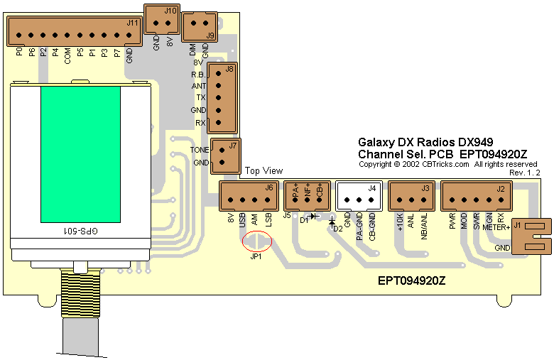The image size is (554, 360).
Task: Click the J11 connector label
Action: pyautogui.click(x=132, y=23)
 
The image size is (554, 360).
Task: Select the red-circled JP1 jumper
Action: pyautogui.click(x=257, y=242)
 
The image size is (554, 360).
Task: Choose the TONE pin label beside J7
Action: pyautogui.click(x=200, y=150)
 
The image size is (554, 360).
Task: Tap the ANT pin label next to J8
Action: pyautogui.click(x=200, y=86)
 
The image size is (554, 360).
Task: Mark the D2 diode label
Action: pyautogui.click(x=337, y=228)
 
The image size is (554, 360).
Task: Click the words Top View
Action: pyautogui.click(x=264, y=170)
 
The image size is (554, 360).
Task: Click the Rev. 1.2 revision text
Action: pyautogui.click(x=525, y=173)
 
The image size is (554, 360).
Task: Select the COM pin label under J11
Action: pyautogui.click(x=67, y=56)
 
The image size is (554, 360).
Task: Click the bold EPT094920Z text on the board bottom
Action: pyautogui.click(x=411, y=280)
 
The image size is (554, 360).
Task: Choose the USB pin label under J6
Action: pyautogui.click(x=243, y=220)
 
